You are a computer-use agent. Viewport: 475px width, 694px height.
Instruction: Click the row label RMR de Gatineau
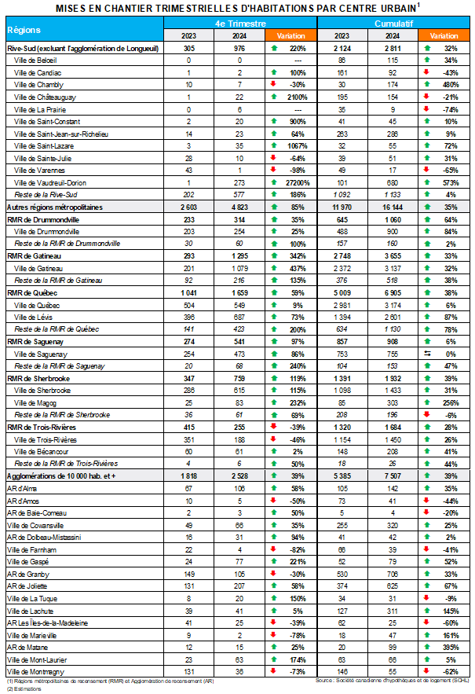coord(35,255)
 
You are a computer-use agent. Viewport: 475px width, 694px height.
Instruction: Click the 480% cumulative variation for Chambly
coord(451,84)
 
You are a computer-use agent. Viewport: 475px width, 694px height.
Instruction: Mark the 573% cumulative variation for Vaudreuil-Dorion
coord(451,182)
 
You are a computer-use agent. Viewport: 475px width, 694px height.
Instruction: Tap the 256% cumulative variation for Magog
coord(451,402)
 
